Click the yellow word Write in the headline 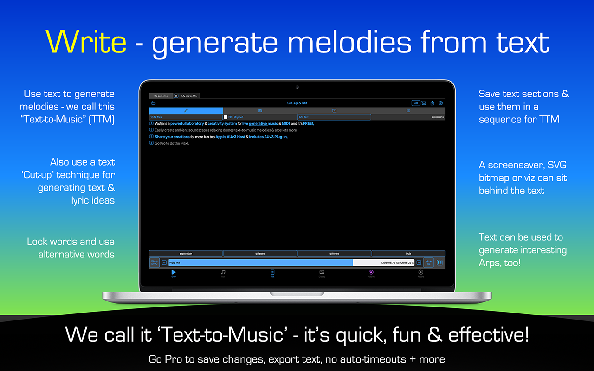86,42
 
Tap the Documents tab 161,96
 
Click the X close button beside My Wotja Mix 176,96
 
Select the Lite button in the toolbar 416,103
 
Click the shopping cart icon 424,103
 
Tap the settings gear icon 441,103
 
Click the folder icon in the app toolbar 154,103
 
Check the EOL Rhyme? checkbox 226,117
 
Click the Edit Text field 334,117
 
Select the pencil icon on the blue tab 186,110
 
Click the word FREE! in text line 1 308,124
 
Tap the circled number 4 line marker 151,143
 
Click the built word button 408,254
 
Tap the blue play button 174,272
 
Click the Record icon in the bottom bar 421,273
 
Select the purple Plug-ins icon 371,272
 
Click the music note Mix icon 223,272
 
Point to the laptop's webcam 297,87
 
